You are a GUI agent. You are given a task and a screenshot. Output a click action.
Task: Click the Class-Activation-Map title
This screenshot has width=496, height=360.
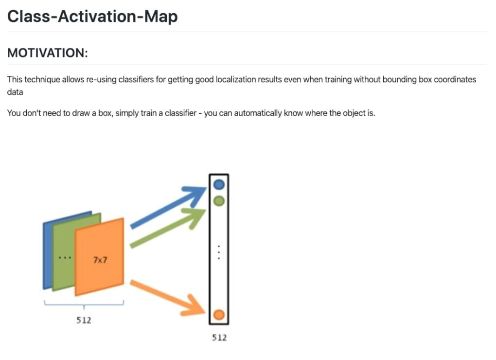92,17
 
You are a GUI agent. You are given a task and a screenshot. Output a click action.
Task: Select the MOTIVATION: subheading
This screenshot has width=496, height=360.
48,53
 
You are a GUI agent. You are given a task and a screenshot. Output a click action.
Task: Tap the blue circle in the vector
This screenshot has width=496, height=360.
219,184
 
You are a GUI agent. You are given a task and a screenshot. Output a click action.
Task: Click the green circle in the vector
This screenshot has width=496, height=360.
219,201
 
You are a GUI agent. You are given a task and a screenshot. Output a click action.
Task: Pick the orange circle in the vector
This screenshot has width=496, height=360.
219,315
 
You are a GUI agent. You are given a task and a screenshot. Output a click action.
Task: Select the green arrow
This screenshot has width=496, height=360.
168,228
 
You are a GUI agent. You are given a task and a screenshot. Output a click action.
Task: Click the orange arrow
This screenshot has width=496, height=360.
168,297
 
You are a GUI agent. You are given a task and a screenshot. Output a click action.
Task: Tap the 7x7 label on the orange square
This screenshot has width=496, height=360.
100,260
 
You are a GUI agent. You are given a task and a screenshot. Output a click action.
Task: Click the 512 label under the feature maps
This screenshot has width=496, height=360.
84,320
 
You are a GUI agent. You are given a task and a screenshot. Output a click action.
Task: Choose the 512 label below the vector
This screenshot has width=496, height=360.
219,338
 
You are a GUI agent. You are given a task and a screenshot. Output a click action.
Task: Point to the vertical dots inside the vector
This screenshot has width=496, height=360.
219,252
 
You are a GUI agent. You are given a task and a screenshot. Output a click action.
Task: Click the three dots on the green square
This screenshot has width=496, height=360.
65,258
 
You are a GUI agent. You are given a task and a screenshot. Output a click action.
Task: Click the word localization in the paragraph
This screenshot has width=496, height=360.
236,79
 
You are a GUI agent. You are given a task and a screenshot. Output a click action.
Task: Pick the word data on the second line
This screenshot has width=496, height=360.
15,92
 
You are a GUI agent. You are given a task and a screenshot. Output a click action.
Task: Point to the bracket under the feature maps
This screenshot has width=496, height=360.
84,304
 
